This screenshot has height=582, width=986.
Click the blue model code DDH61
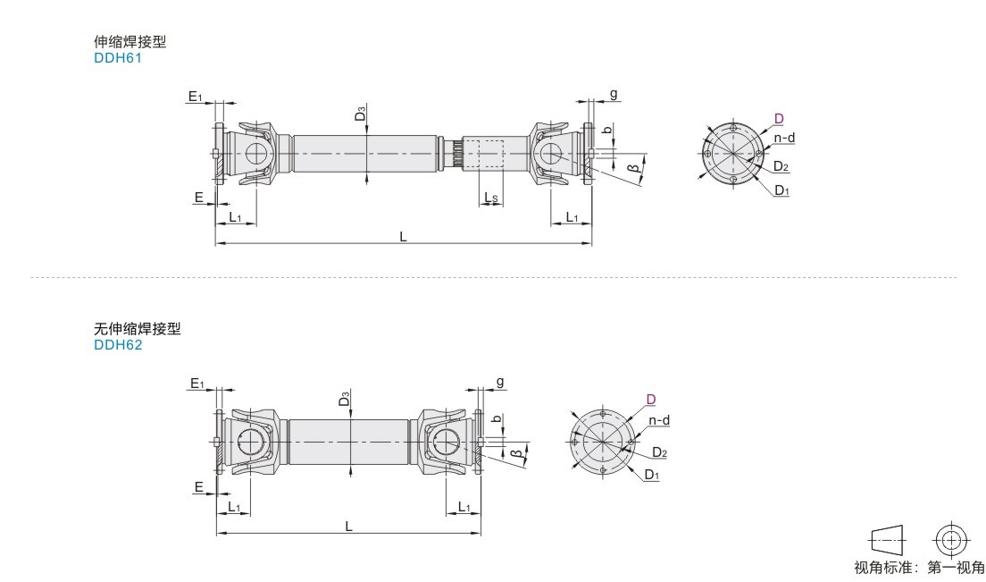(118, 58)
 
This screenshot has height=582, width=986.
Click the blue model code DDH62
(118, 345)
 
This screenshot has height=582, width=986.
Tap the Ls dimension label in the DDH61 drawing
(491, 198)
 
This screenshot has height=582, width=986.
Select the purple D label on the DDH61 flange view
(779, 118)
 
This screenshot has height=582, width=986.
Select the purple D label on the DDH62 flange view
(651, 399)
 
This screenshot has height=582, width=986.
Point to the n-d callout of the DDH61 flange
(784, 138)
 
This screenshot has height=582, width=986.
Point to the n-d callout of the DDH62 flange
(659, 420)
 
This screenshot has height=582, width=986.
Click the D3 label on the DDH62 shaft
(344, 399)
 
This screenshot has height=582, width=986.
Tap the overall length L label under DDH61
(403, 237)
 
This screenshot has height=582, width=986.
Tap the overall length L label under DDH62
(348, 526)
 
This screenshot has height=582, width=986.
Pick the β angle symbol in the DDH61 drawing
(634, 167)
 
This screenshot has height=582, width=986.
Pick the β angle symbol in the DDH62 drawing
(516, 453)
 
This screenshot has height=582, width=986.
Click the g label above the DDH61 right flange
(614, 94)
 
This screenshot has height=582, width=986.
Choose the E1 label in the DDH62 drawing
(196, 384)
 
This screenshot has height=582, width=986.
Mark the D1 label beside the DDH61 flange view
(781, 190)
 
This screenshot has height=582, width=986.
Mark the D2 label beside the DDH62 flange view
(659, 452)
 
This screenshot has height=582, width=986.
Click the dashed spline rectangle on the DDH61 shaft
(490, 154)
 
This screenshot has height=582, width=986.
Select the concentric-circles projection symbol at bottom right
(951, 540)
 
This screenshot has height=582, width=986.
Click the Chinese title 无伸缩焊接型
(137, 328)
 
